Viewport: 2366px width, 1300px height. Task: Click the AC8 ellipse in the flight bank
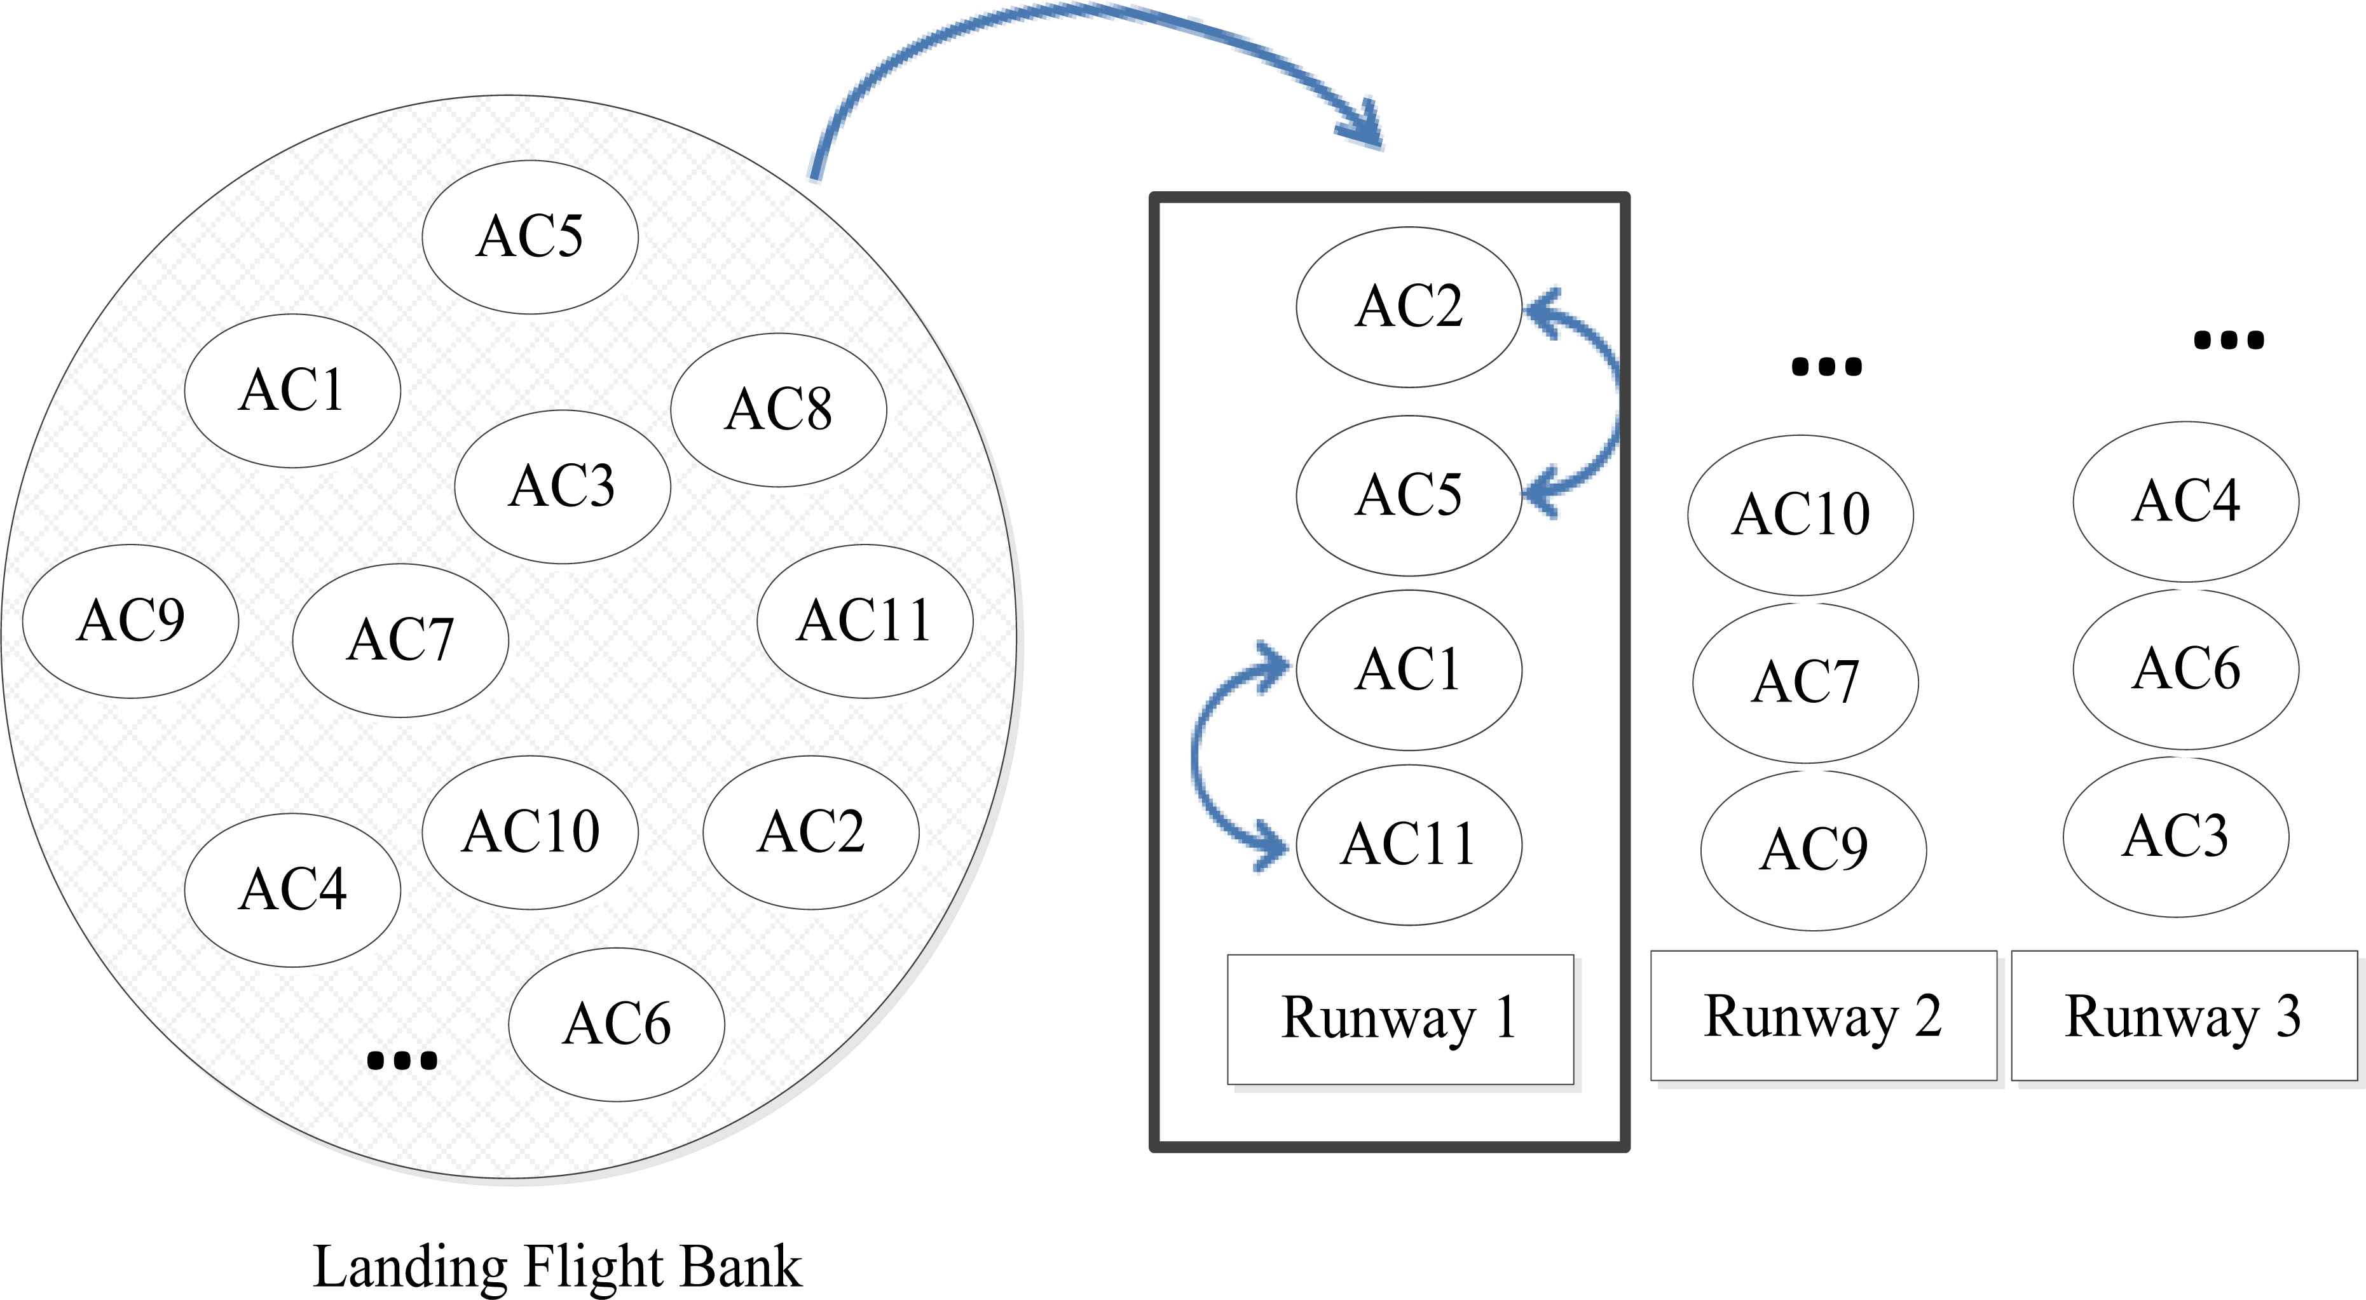pos(778,409)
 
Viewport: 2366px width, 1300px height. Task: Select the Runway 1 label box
pos(1400,1019)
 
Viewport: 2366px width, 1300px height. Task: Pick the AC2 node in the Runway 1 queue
pos(1408,307)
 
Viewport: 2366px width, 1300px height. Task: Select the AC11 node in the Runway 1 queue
pos(1408,844)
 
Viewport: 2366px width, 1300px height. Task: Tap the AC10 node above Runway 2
pos(1800,514)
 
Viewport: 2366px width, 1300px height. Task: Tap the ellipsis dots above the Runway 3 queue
pos(2228,341)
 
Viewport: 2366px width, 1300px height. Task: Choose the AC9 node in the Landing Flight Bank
pos(130,621)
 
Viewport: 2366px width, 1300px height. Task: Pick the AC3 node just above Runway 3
pos(2175,836)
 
